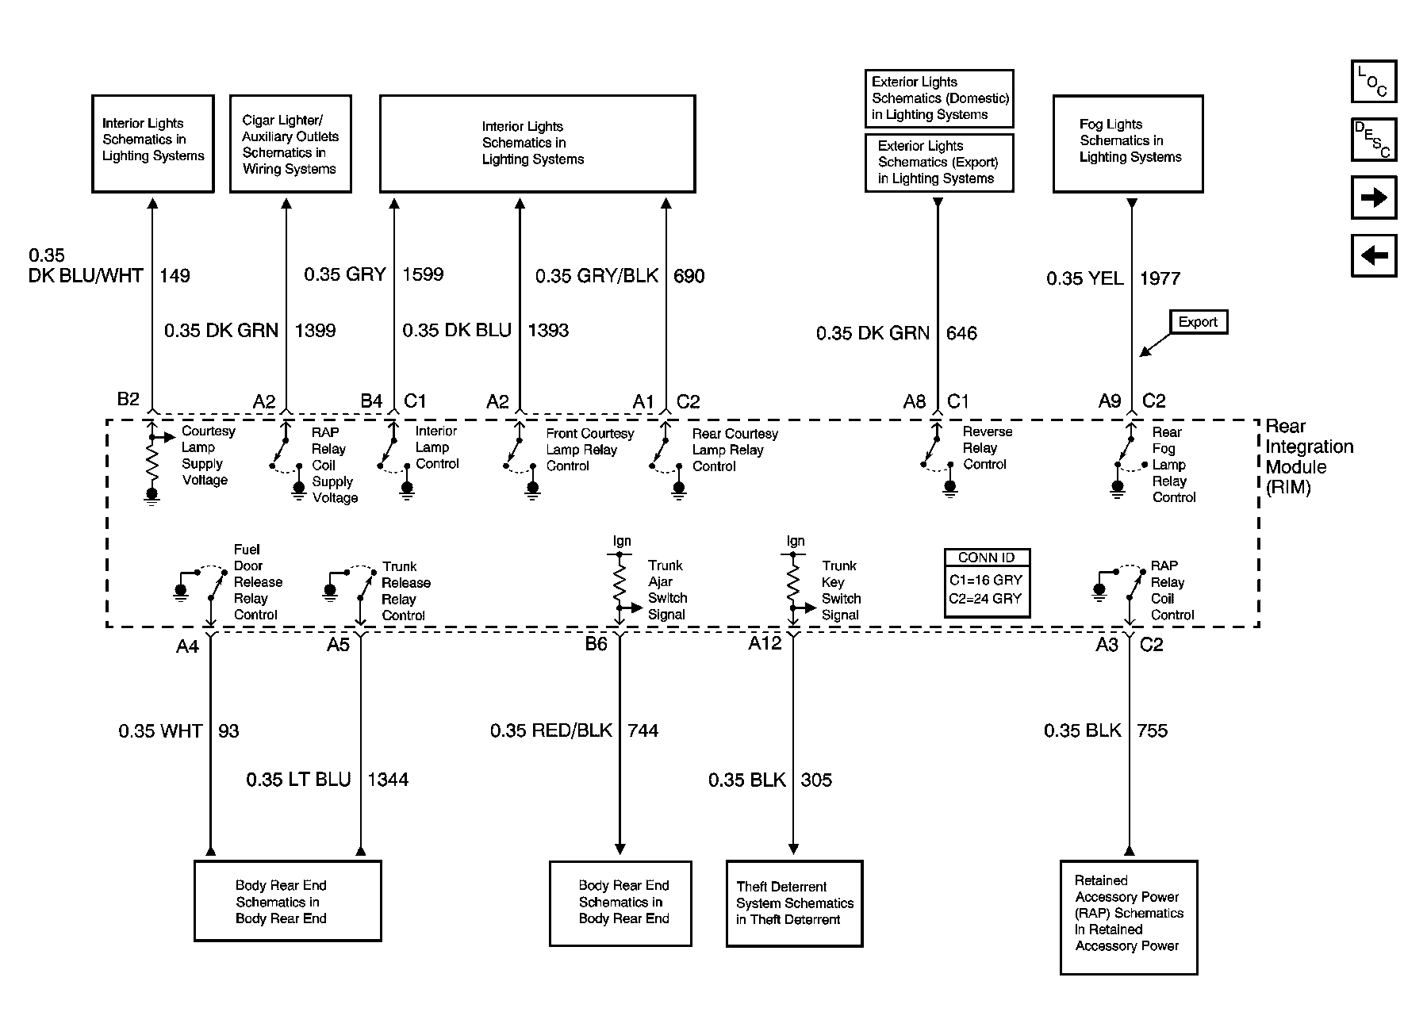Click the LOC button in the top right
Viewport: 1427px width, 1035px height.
coord(1373,82)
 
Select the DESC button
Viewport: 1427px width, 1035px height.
coord(1373,140)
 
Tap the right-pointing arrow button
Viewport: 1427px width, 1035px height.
coord(1373,197)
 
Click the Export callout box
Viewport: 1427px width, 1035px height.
coord(1198,322)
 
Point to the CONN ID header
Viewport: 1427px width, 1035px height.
coord(986,558)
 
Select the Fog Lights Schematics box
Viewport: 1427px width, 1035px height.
coord(1127,144)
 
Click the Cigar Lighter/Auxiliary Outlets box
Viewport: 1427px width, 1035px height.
coord(290,144)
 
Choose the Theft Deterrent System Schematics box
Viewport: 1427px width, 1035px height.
coord(794,903)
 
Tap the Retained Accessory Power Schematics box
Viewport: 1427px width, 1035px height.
coord(1128,917)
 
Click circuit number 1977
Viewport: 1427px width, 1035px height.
coord(1160,278)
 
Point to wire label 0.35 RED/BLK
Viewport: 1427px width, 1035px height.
coord(550,730)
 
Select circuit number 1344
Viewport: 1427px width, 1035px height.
coord(388,780)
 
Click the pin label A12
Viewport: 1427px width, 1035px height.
coord(765,643)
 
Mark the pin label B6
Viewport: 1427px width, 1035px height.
coord(596,644)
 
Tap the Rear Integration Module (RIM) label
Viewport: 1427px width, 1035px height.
coord(1308,457)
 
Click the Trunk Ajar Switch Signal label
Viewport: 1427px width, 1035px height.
coord(666,590)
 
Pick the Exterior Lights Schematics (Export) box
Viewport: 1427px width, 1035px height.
coord(938,163)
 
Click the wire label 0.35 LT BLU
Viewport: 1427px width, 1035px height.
coord(298,780)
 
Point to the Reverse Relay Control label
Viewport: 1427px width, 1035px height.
coord(987,448)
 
